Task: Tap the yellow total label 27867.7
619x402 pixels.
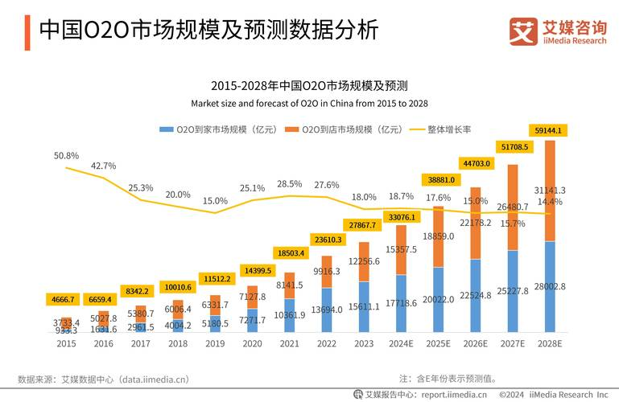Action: pos(364,224)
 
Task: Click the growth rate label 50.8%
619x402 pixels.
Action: pos(66,155)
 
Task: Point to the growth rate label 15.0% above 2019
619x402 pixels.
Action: pos(215,201)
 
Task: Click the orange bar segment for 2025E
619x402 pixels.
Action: pos(438,237)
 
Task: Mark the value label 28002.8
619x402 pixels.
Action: pos(550,286)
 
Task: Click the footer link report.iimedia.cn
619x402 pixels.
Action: pos(452,394)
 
